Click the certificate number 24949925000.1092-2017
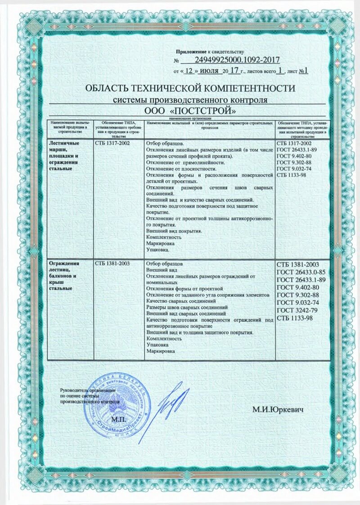[238, 59]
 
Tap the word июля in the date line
[210, 71]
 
